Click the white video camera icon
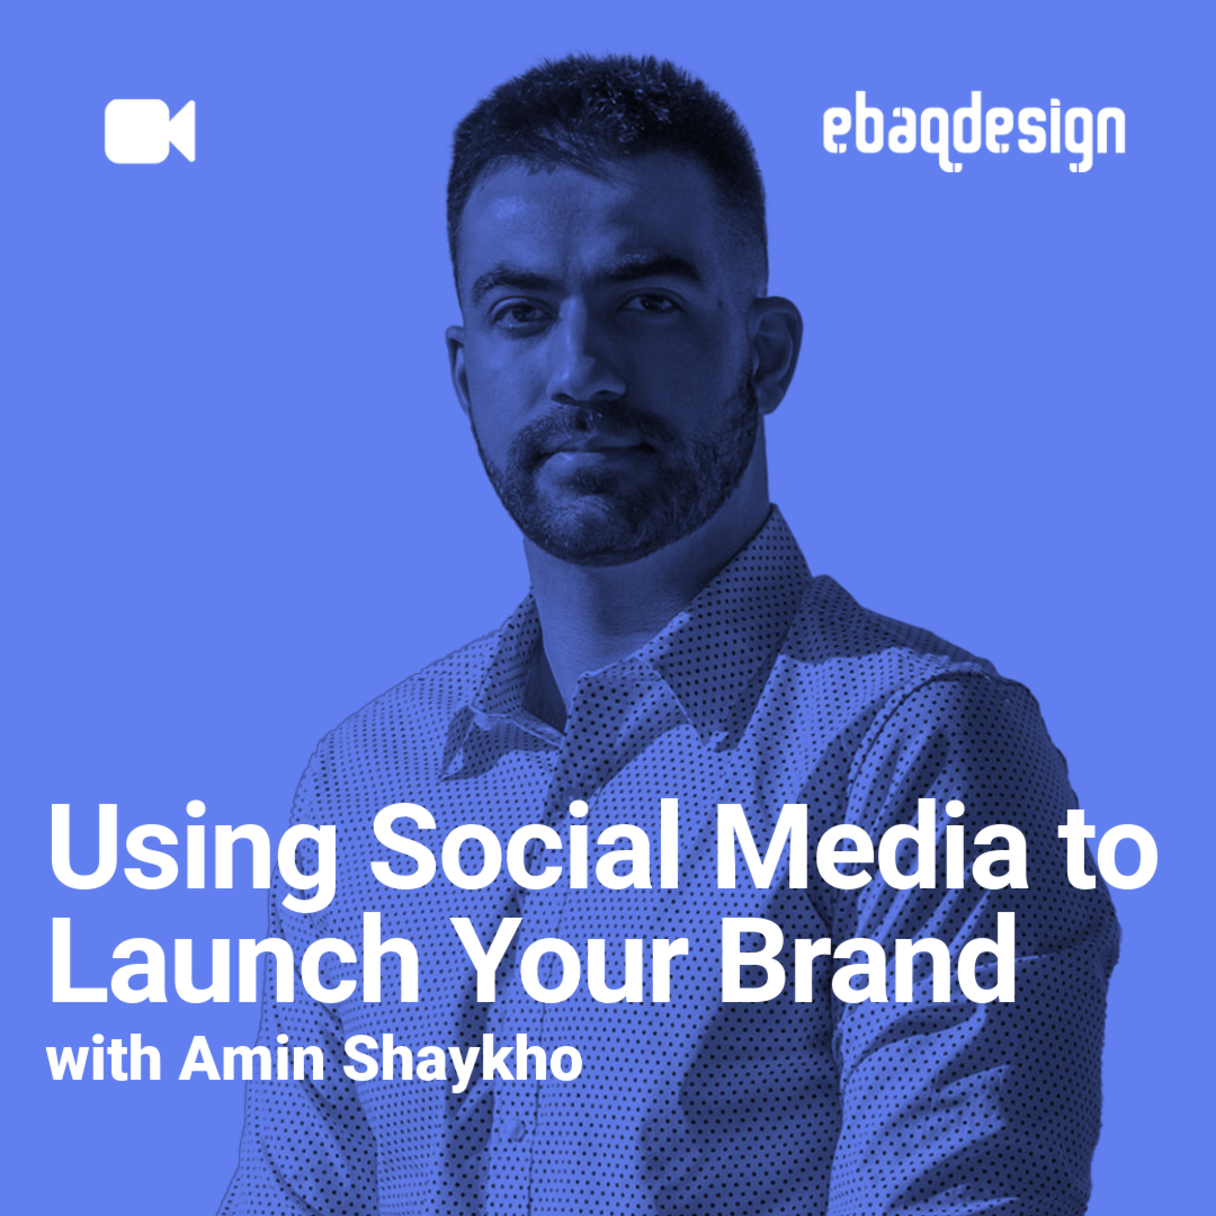[150, 131]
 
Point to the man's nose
[582, 371]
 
